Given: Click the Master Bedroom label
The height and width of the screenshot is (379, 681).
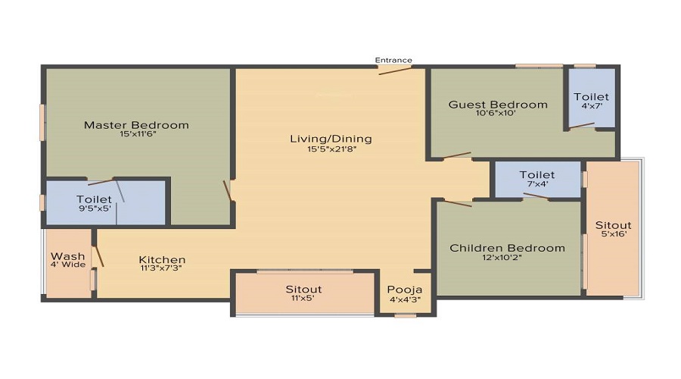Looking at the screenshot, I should (136, 125).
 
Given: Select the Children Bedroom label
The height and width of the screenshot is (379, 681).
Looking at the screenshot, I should (507, 248).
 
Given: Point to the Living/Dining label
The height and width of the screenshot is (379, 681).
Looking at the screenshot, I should (331, 139).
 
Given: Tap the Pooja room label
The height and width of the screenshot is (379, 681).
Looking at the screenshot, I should (399, 290).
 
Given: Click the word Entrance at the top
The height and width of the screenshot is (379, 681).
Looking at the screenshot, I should (393, 60).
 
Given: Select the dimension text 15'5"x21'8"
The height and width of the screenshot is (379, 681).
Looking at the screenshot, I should (331, 149).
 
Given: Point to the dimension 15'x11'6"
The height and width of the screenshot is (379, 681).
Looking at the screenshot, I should (136, 135).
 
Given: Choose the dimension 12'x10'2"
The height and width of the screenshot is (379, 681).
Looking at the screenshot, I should (507, 258).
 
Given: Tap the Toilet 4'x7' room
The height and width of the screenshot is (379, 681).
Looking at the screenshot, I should (591, 101).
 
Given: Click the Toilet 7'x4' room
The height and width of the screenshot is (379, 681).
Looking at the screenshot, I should (536, 179).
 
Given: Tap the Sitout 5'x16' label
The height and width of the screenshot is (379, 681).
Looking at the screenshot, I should (613, 229).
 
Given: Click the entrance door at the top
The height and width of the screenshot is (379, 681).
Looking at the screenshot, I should (395, 70).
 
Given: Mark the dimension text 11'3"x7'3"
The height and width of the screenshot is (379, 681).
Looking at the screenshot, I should (160, 268).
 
